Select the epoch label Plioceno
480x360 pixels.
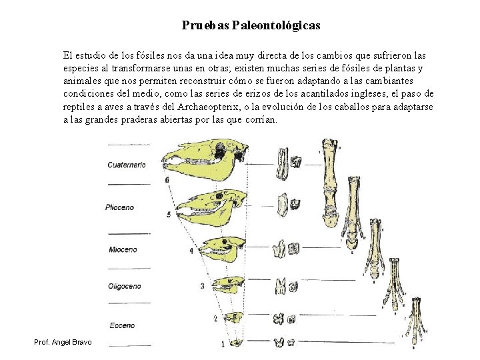tap(119, 207)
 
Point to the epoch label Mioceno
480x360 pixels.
tap(123, 249)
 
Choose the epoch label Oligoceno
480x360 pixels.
tap(124, 286)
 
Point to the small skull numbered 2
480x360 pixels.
tap(233, 318)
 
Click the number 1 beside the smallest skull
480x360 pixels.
tap(223, 345)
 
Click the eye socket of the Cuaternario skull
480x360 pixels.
tap(219, 152)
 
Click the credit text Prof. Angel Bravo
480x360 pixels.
tap(64, 343)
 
